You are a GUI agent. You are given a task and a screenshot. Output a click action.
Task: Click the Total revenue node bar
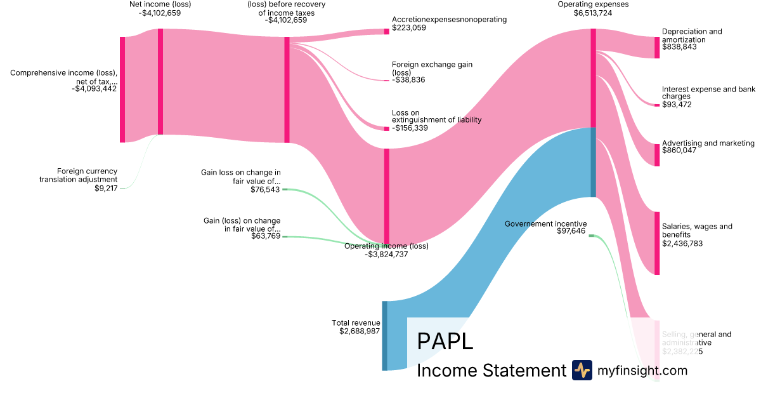[x=384, y=336]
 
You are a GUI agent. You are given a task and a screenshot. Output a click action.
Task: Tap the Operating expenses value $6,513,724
[x=585, y=13]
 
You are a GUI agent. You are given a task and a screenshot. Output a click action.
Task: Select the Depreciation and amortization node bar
[x=657, y=48]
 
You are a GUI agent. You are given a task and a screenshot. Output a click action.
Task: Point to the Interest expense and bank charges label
[x=708, y=93]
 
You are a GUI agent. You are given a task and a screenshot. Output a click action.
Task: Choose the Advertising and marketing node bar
[x=657, y=155]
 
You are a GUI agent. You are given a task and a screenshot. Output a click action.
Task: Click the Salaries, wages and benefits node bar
[x=657, y=243]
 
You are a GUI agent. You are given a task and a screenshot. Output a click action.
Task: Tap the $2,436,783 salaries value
[x=682, y=243]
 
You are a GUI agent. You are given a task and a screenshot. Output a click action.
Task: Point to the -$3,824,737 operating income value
[x=386, y=254]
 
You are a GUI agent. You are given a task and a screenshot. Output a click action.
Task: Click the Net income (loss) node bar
[x=160, y=81]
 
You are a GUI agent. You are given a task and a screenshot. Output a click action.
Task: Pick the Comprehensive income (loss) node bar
[x=122, y=90]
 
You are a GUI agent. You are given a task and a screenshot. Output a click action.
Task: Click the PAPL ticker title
[x=445, y=341]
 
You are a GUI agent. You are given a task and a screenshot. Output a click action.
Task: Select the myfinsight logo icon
[x=582, y=370]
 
